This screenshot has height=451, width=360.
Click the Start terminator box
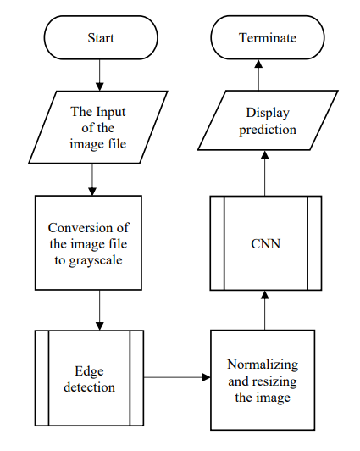(x=100, y=39)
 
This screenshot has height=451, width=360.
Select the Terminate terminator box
(x=265, y=39)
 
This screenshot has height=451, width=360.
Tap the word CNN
(x=265, y=243)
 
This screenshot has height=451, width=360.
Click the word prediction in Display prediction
(x=267, y=130)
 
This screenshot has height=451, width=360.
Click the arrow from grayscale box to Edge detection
(x=100, y=309)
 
